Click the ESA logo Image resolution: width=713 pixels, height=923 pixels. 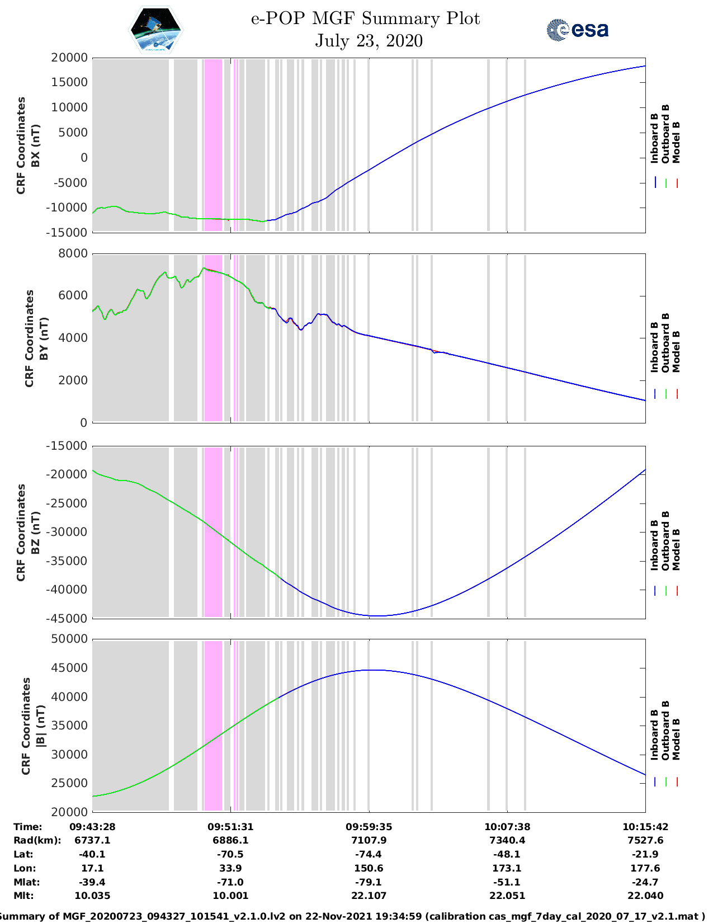577,30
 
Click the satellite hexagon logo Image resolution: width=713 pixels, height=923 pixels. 156,30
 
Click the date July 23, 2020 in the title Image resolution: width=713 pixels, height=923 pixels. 369,41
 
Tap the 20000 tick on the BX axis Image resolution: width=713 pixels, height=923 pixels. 69,58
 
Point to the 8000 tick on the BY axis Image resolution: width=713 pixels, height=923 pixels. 73,253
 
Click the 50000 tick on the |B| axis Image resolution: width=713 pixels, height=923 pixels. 69,639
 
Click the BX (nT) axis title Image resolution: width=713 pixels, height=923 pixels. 35,145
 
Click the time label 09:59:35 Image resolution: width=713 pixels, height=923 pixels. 369,827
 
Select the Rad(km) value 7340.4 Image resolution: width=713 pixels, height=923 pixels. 507,840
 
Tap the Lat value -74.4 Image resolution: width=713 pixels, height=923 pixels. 369,854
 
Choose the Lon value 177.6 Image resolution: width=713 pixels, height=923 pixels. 645,868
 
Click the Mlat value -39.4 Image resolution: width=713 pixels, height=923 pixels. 92,882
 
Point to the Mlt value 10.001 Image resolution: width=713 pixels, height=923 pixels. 230,896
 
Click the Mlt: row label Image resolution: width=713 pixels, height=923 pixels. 23,896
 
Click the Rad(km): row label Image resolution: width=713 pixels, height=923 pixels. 37,840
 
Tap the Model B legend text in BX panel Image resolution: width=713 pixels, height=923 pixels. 676,142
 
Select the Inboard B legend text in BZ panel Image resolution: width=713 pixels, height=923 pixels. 654,545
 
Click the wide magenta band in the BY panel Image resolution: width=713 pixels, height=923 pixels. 213,338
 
